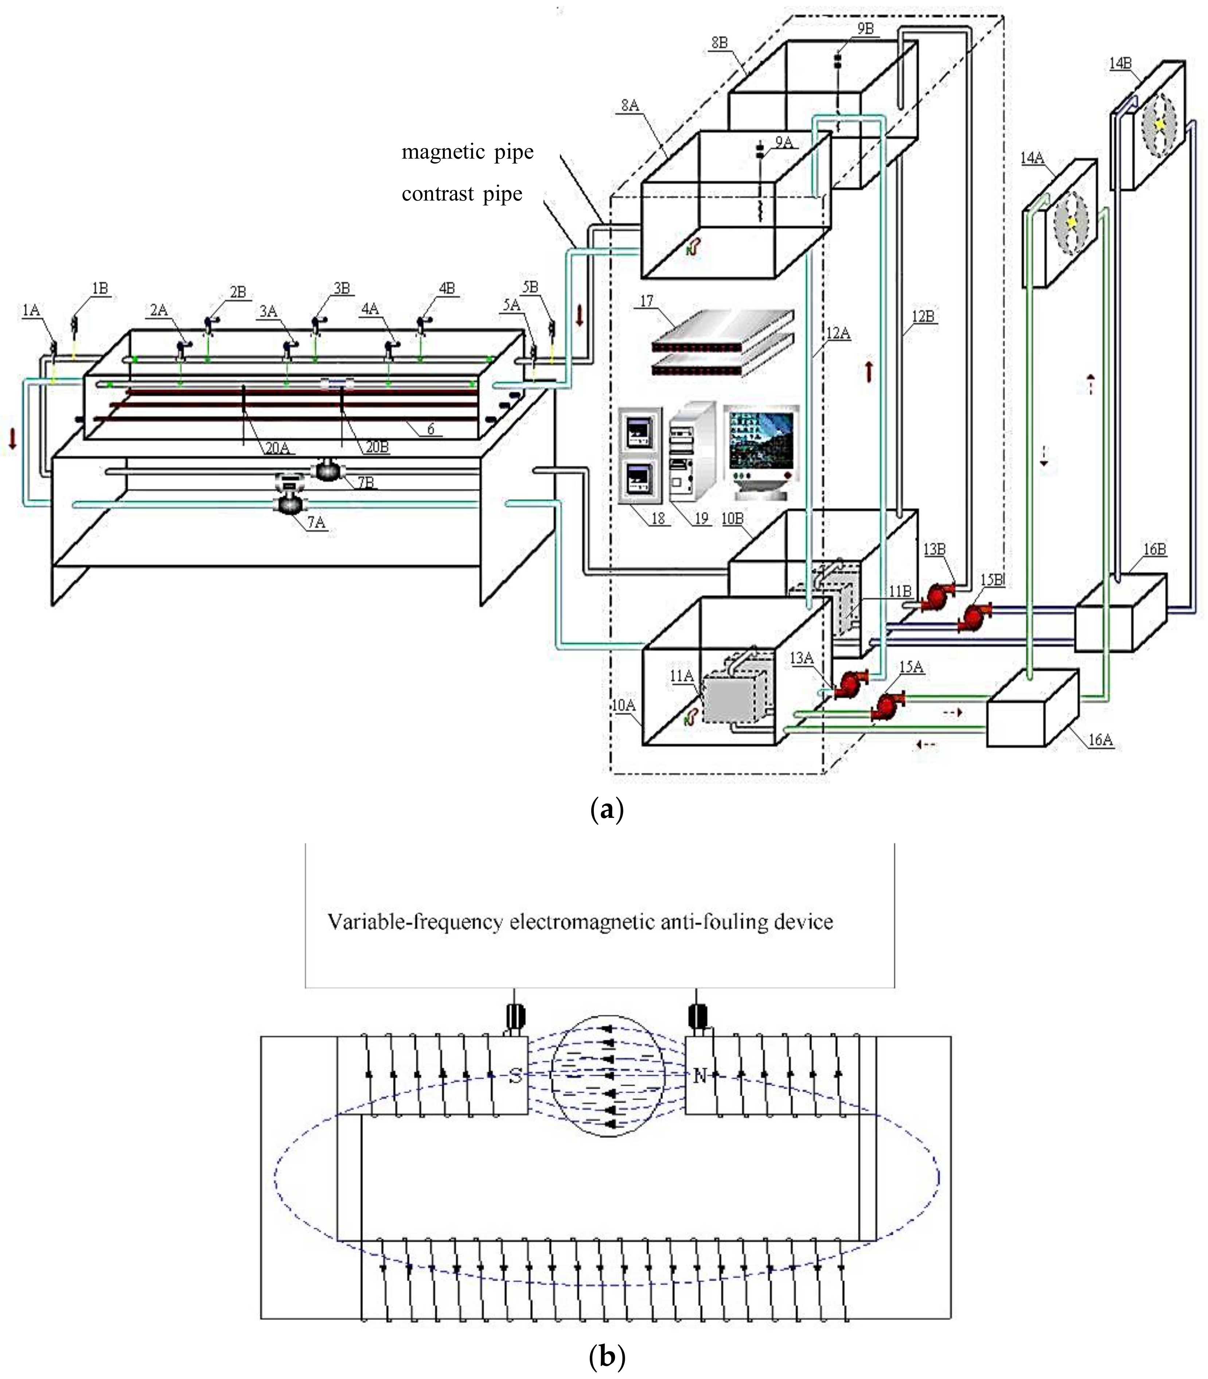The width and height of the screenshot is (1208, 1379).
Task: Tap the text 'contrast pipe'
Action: point(462,194)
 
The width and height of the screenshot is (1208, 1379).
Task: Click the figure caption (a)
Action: point(606,808)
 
